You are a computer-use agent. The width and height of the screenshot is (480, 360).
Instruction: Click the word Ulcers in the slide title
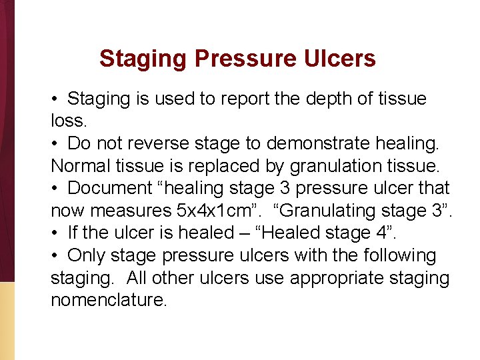coord(341,59)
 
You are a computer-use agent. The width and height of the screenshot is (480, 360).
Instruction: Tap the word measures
coord(131,211)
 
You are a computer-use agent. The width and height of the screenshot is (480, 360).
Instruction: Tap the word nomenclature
coord(109,301)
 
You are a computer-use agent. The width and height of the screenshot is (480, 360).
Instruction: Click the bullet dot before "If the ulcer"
coord(55,233)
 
